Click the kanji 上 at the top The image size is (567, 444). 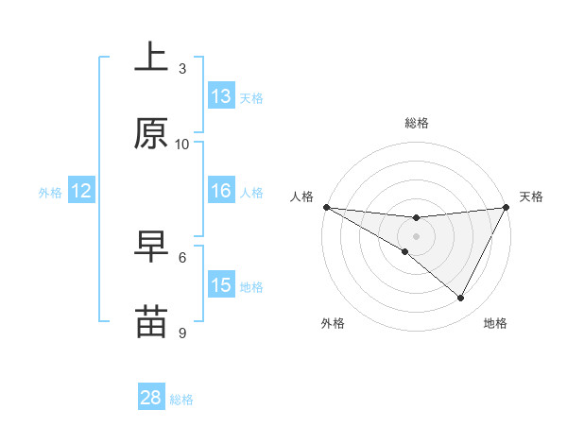(x=151, y=59)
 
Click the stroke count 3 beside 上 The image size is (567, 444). (x=182, y=68)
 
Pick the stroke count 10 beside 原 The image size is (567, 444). (x=182, y=144)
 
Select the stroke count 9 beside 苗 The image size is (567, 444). (x=182, y=333)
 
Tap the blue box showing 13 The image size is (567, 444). (x=221, y=96)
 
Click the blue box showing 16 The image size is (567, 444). (x=221, y=191)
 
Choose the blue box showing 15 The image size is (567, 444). (x=221, y=285)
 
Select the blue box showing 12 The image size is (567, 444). (x=81, y=191)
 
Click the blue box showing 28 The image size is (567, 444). (x=151, y=398)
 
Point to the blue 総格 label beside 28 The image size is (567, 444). (x=181, y=400)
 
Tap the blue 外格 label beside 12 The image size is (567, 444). (x=50, y=193)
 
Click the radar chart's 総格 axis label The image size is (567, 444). (x=417, y=123)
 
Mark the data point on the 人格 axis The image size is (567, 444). (x=326, y=207)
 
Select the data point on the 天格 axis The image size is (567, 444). (x=507, y=207)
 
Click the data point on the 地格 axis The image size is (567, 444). (x=461, y=299)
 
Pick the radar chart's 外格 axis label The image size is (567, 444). (x=333, y=323)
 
